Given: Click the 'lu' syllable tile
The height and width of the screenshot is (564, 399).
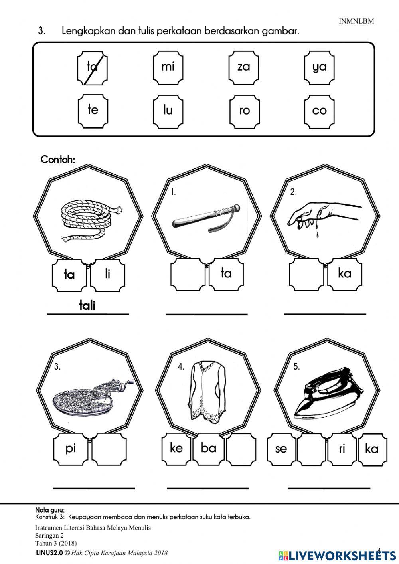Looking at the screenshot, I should click(x=168, y=111).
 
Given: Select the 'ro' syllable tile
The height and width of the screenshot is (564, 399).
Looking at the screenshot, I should click(x=244, y=111).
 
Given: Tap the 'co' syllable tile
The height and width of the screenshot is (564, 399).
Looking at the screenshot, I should click(x=319, y=111).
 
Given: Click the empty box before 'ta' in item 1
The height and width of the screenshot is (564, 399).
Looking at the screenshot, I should click(x=188, y=274).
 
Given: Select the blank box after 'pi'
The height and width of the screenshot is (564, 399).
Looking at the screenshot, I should click(x=109, y=449).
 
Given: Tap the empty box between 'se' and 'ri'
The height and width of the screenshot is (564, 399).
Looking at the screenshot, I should click(x=312, y=449).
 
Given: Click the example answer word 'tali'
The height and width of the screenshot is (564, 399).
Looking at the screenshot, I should click(x=87, y=306).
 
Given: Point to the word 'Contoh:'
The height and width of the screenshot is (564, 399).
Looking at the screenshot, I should click(x=58, y=160).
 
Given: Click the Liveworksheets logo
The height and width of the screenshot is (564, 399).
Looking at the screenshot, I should click(x=337, y=555).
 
